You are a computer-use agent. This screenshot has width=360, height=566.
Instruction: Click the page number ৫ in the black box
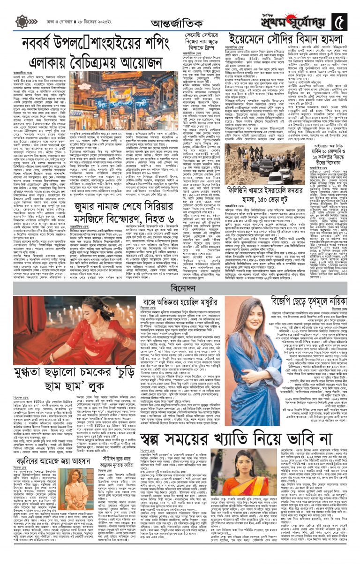tap(338, 21)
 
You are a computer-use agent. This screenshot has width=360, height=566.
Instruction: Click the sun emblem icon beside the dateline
tap(22, 22)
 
